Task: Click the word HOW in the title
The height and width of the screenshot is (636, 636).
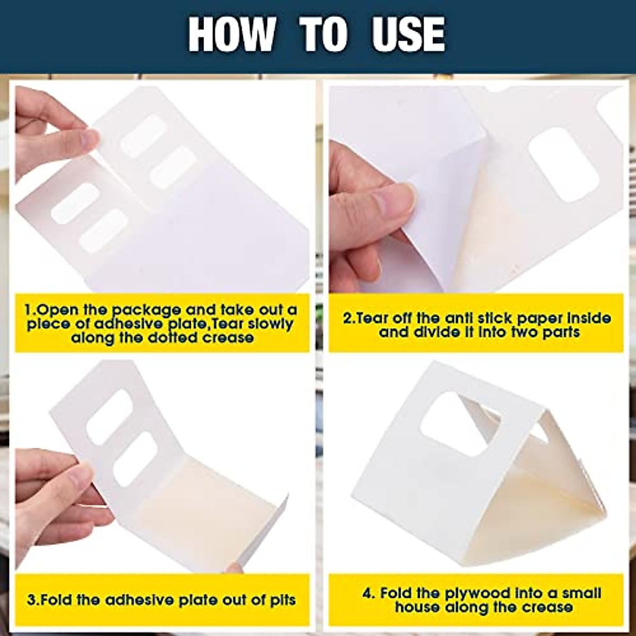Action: click(x=231, y=34)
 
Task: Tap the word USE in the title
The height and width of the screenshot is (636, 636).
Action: click(x=408, y=34)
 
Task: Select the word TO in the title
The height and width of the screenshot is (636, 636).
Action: click(x=324, y=34)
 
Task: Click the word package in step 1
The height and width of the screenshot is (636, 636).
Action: click(x=139, y=310)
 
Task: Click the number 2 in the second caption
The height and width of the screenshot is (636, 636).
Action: click(x=347, y=319)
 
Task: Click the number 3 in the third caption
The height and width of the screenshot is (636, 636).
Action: click(x=31, y=600)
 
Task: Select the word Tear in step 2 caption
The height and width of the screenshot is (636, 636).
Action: click(x=369, y=319)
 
